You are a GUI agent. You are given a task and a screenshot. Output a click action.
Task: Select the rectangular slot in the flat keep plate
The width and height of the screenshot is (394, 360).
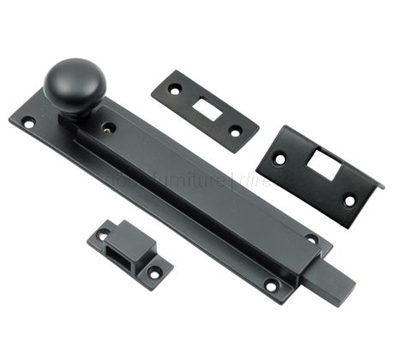[x=206, y=108]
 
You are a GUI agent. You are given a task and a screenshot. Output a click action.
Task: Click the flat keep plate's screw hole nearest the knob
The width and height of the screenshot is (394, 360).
[x=175, y=87]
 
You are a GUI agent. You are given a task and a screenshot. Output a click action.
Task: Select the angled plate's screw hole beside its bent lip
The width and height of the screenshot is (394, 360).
[x=349, y=200]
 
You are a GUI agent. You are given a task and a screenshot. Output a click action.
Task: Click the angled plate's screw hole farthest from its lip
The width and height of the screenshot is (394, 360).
[x=278, y=159]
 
